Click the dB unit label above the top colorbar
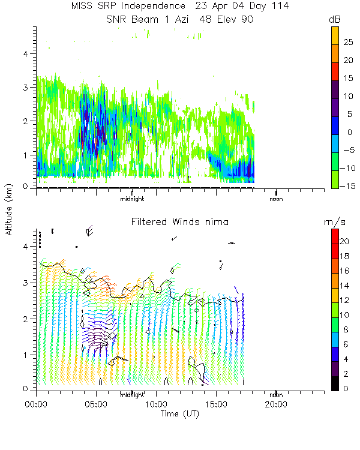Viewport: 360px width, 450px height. pos(335,20)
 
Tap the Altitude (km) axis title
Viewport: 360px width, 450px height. pos(10,208)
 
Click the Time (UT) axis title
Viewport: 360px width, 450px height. pos(179,414)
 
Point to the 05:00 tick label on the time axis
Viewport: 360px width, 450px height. pos(96,404)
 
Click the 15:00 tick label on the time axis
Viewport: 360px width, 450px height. pos(216,404)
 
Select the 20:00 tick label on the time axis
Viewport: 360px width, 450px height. pos(275,404)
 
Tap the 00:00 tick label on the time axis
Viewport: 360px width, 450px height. pos(37,404)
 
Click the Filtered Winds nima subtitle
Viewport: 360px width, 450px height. pos(179,222)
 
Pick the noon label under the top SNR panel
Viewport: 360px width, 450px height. pos(276,199)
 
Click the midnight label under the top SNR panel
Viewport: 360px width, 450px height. pos(132,199)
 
